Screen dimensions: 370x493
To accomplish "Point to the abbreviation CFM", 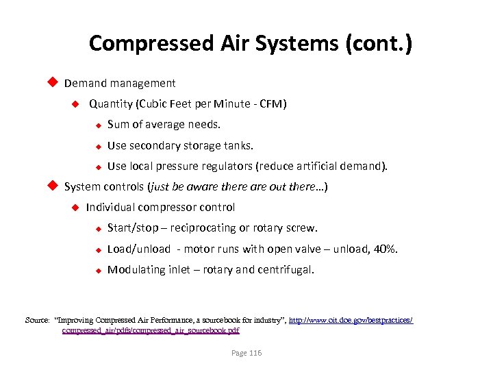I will point(271,104).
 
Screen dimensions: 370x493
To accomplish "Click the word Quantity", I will point(110,104).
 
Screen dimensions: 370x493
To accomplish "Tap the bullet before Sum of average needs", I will point(98,125).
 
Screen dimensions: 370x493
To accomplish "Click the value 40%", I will point(386,249).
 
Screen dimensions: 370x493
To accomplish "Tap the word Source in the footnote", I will point(36,320).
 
